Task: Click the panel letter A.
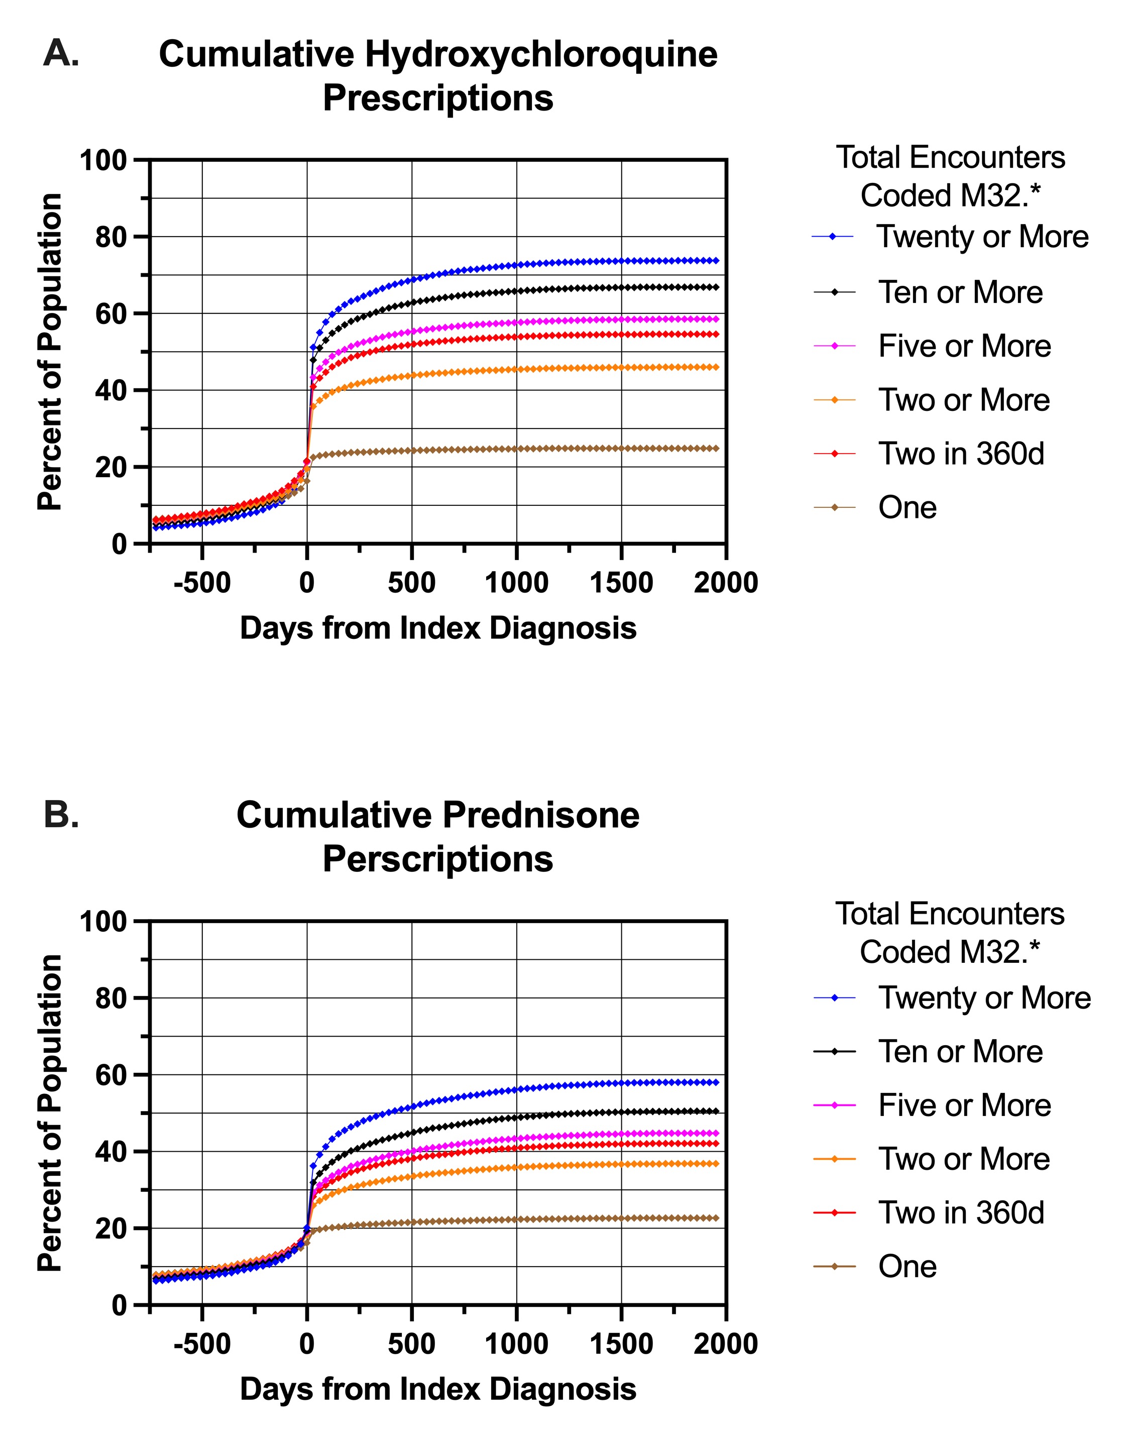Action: (61, 53)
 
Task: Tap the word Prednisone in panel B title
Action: (540, 815)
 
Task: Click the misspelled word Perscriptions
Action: (438, 859)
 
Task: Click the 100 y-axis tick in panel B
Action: (103, 922)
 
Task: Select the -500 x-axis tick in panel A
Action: (202, 583)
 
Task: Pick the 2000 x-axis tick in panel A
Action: (726, 583)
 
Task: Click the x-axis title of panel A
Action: (438, 628)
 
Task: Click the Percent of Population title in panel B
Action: (50, 1113)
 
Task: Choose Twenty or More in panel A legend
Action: (982, 237)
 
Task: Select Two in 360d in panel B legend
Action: (961, 1212)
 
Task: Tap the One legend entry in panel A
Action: (907, 508)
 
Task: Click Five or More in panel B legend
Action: (964, 1105)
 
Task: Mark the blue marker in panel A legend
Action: (834, 237)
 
